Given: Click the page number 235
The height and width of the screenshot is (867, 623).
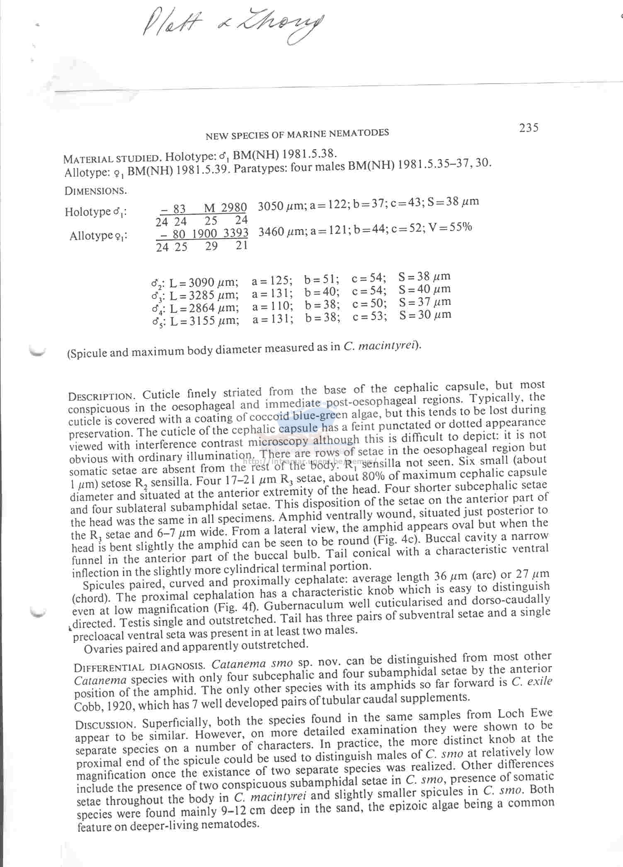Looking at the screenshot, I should (x=528, y=128).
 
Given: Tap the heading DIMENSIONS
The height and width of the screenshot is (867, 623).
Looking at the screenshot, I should (x=95, y=191).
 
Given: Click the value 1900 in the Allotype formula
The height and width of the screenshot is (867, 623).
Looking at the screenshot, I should (x=205, y=233).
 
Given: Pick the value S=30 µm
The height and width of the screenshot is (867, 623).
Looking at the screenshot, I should (x=425, y=315).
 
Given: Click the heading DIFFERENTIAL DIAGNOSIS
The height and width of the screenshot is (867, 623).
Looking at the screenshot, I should (x=139, y=667).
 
